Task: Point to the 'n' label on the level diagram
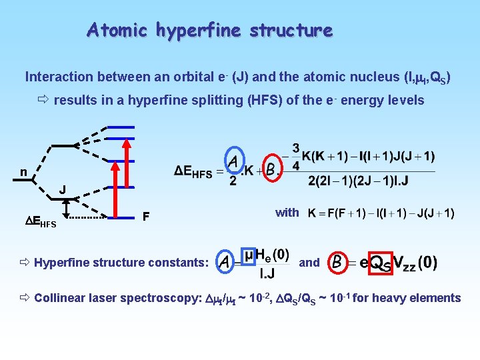pos(23,173)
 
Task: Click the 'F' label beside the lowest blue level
pos(146,216)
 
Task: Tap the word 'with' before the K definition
pos(287,213)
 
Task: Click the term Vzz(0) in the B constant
pos(415,263)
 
